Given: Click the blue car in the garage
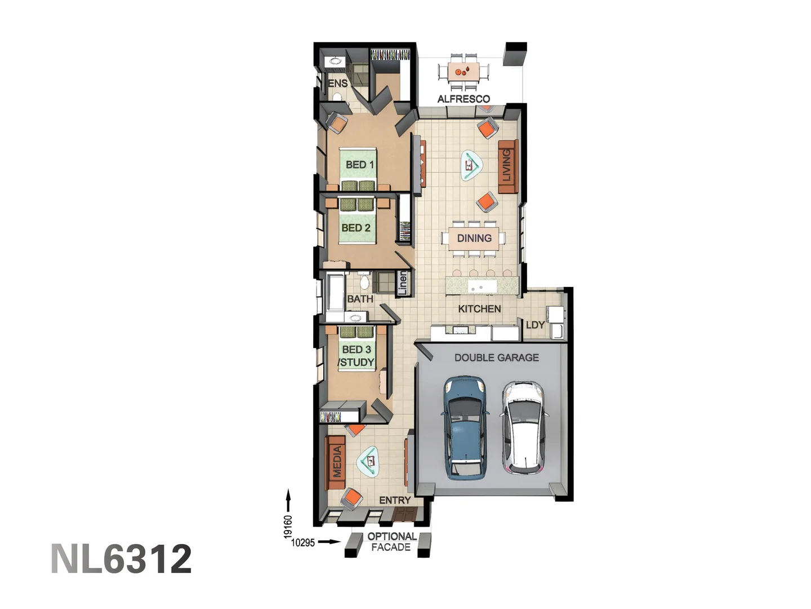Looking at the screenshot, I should coord(465,427).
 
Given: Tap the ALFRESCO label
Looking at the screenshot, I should coord(464,99).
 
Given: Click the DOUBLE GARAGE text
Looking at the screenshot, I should coord(496,358).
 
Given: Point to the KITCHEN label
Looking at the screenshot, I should coord(479,308).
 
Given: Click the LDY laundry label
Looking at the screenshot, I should coord(535,325).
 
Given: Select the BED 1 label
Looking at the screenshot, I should coord(359,165).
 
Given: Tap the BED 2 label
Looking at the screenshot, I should coord(356,228).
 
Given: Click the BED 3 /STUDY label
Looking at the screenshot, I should coord(357,356).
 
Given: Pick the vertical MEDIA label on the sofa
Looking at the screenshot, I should coord(337,462).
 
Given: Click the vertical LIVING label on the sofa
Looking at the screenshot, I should coord(506,166).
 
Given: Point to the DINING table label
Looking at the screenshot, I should coord(474,238).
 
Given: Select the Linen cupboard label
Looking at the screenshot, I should coord(402,283).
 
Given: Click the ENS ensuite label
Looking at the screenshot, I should coord(338,83).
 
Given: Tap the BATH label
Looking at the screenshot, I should coord(360,299).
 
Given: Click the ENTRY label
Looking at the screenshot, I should coord(395,500).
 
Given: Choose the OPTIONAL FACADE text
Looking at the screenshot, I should coord(392,542).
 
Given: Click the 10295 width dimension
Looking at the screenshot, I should coord(303,542).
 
